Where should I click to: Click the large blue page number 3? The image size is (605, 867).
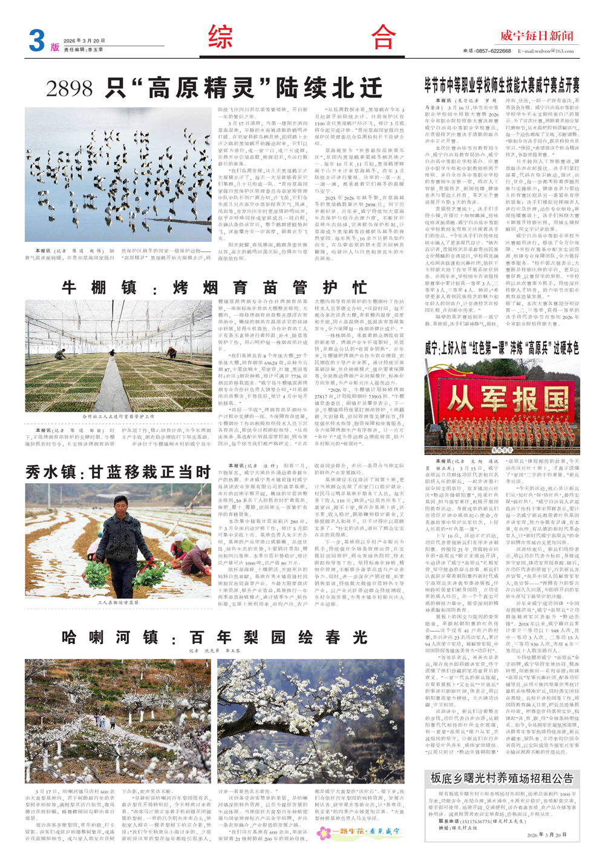click(37, 41)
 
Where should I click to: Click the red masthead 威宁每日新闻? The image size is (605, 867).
click(537, 36)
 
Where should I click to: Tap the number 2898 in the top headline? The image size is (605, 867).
click(70, 88)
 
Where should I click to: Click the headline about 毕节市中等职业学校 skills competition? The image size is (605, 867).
click(502, 84)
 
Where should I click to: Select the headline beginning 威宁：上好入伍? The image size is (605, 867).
click(502, 348)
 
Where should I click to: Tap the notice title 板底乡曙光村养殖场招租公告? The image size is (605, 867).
click(502, 778)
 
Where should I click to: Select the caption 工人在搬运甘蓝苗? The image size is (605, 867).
click(119, 603)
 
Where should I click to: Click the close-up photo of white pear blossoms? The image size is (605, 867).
click(311, 721)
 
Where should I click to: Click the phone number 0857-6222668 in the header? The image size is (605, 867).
click(488, 51)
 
